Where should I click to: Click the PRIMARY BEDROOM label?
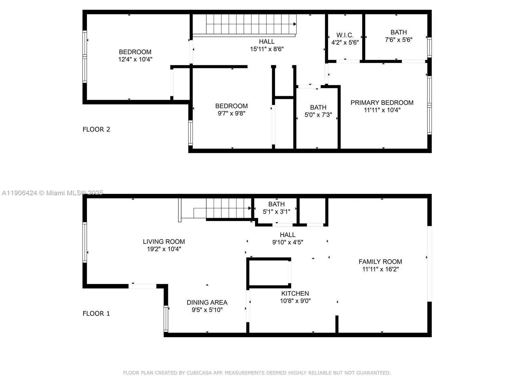click(382, 103)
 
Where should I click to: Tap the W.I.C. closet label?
click(345, 35)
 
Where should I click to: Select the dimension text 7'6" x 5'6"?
click(399, 40)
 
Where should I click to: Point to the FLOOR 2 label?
click(96, 129)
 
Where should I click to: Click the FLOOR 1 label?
click(96, 313)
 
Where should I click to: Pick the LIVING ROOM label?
click(164, 242)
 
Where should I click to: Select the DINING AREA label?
click(207, 302)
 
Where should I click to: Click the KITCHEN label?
click(295, 293)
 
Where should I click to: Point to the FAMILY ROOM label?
click(380, 262)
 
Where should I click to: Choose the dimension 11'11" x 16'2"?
click(380, 269)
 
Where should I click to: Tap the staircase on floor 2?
click(251, 24)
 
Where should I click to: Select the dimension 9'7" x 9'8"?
click(231, 113)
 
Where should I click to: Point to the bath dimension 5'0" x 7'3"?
click(318, 115)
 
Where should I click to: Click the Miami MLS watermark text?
click(53, 193)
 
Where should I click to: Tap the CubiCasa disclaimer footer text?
click(257, 373)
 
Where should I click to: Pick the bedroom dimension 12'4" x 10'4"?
click(135, 59)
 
